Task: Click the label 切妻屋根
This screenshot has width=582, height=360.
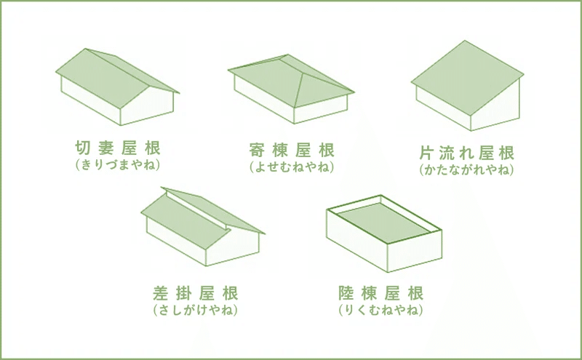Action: [x=117, y=148]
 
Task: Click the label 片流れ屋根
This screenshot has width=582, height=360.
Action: [x=467, y=154]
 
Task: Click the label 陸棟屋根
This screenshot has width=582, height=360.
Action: [x=380, y=295]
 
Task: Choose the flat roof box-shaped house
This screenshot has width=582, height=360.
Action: [x=384, y=236]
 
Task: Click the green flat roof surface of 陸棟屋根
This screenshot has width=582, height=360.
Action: [x=384, y=220]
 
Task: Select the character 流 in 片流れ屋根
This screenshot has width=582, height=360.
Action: [x=448, y=154]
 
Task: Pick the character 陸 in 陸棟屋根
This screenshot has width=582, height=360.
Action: [x=348, y=295]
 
